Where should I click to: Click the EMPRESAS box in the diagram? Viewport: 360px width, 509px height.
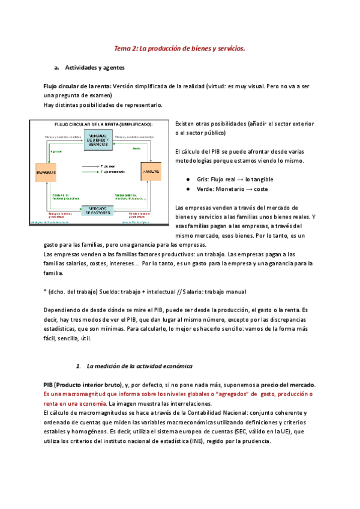pyautogui.click(x=47, y=172)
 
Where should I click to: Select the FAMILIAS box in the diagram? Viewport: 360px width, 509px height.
pyautogui.click(x=151, y=171)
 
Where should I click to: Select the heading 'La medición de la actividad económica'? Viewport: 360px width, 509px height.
pyautogui.click(x=139, y=366)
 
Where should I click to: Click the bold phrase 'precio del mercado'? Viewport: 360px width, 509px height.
pyautogui.click(x=288, y=384)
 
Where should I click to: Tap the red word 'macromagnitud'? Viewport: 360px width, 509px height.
pyautogui.click(x=82, y=394)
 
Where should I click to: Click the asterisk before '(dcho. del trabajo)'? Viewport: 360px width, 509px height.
pyautogui.click(x=46, y=292)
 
